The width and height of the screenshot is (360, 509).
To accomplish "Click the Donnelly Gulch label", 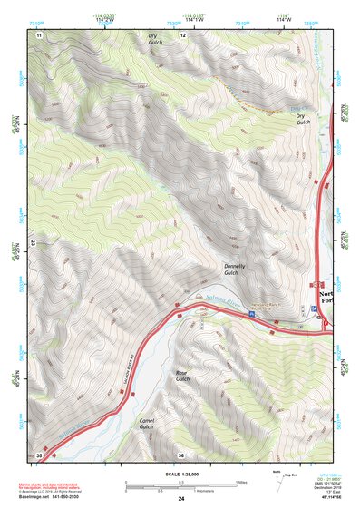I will [235, 269].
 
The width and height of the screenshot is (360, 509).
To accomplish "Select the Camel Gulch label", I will [147, 425].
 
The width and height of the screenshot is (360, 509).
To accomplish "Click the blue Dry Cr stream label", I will [297, 109].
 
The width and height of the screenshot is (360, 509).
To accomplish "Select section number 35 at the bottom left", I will [39, 455].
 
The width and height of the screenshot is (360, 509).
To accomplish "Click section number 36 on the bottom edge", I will [181, 455].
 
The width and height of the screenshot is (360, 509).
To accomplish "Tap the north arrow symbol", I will [278, 481].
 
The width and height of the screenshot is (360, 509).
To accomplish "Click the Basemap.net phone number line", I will [51, 497].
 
